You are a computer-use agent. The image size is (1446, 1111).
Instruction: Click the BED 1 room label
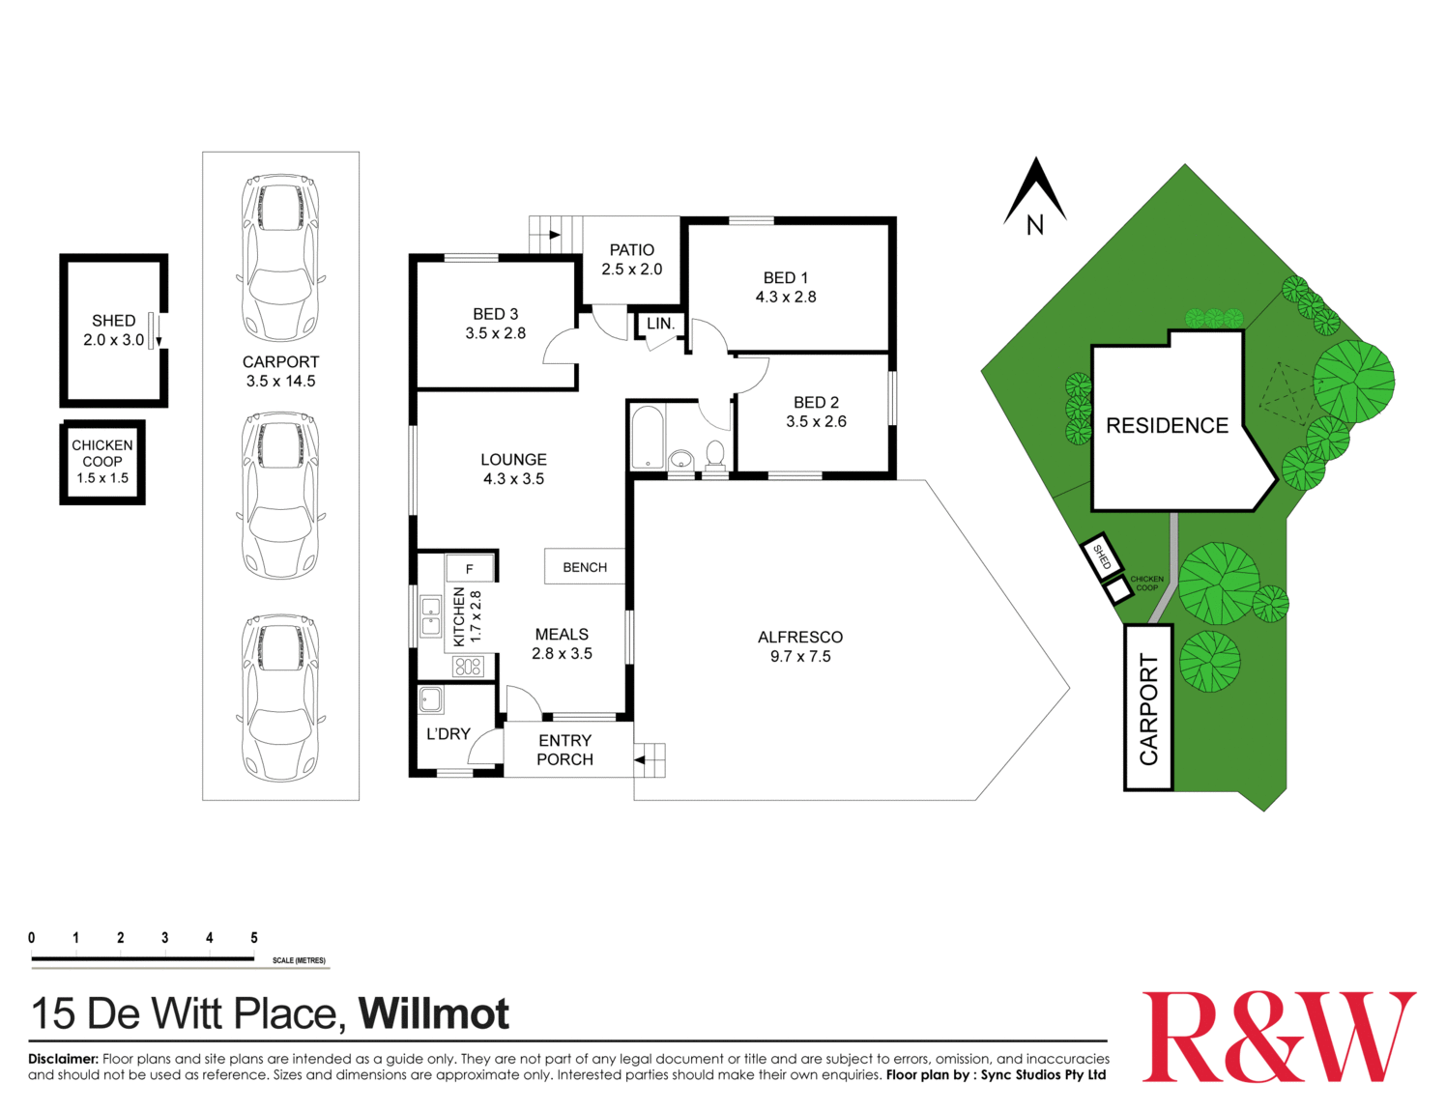coord(785,278)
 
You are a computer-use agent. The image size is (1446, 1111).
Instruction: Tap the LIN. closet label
coord(660,324)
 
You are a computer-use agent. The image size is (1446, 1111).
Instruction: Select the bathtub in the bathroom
coord(647,437)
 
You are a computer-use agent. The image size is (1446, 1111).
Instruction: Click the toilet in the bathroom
coord(715,453)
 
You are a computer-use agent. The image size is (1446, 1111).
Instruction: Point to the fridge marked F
coord(470,568)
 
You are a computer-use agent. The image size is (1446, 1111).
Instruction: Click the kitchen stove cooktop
coord(468,666)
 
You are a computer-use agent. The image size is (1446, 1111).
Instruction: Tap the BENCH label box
coord(585,567)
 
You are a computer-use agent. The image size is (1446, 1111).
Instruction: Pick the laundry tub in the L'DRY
coord(431,699)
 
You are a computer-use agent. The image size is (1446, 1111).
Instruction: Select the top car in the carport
coord(280,256)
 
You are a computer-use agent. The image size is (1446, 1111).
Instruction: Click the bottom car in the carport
coord(280,698)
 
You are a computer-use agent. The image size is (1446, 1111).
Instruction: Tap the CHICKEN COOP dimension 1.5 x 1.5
coord(102,478)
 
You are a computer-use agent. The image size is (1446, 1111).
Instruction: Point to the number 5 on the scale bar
coord(254,938)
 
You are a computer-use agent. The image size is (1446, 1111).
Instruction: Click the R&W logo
coord(1278,1037)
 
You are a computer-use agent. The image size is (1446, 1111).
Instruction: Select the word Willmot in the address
coord(434,1013)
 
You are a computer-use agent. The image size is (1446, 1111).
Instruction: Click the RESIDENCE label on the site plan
coord(1167,426)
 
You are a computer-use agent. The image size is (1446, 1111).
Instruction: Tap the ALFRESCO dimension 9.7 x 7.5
coord(800,657)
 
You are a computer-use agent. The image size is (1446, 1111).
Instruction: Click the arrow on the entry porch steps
coord(640,760)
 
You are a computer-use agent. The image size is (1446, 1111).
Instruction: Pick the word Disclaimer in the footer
coord(63,1059)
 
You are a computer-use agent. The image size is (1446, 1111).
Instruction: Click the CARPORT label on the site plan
coord(1148,709)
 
